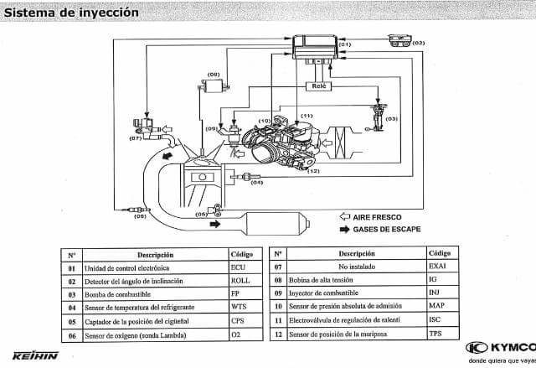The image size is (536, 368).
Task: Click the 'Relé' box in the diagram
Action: point(319,86)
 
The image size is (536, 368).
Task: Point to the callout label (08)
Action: point(213,75)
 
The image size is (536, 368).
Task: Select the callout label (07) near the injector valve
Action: point(137,138)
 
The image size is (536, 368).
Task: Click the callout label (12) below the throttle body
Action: point(313,171)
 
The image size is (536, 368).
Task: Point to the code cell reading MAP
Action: point(436,306)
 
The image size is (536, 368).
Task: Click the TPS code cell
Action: point(435,333)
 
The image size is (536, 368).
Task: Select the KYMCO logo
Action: point(499,347)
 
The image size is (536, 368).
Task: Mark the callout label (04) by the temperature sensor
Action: point(256,182)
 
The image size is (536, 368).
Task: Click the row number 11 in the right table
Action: point(278,320)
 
